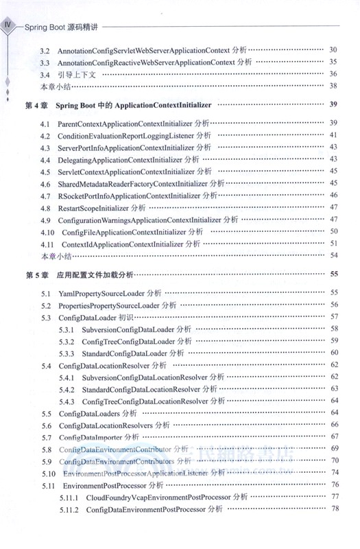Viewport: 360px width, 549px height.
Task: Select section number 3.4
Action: click(x=45, y=74)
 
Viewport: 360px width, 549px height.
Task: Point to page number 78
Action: click(x=335, y=509)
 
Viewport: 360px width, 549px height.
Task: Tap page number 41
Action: click(x=334, y=135)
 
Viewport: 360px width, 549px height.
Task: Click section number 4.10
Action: click(x=47, y=232)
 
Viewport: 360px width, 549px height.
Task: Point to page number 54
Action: click(x=334, y=255)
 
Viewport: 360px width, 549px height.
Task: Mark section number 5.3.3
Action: click(x=67, y=353)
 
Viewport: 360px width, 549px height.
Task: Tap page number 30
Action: click(x=334, y=51)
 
